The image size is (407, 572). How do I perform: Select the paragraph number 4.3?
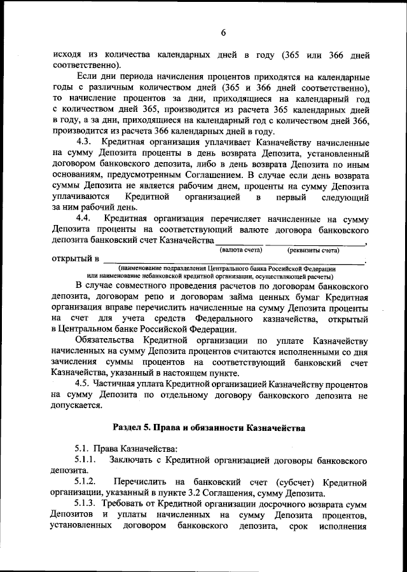tap(85, 140)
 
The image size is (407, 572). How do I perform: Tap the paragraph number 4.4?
tap(85, 219)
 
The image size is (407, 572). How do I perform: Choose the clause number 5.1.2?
tap(86, 482)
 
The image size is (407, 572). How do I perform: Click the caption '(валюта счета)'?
tap(239, 250)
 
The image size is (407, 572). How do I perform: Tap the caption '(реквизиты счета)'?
tap(314, 250)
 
